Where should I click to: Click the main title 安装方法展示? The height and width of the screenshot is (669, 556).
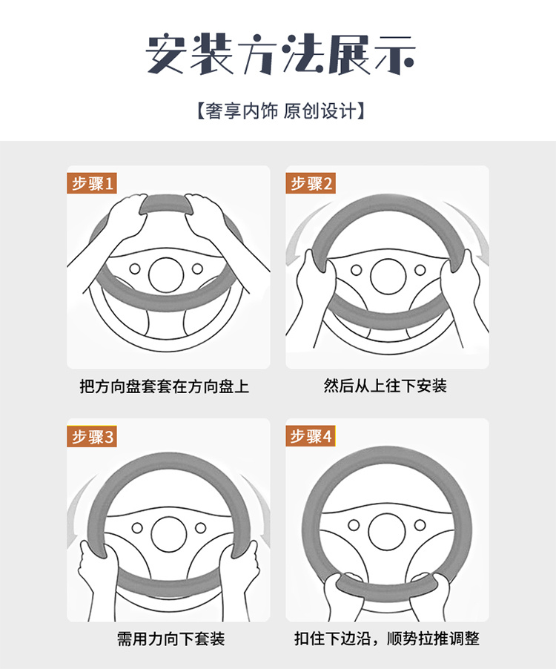[x=280, y=54]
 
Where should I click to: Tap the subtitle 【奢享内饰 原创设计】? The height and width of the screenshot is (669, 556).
[x=280, y=111]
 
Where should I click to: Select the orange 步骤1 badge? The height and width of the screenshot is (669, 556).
[x=92, y=183]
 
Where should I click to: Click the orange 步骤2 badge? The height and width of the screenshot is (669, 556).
[x=311, y=183]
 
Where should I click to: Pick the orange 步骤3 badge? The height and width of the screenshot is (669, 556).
[x=92, y=436]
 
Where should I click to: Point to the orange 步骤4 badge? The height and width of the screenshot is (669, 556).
[x=311, y=436]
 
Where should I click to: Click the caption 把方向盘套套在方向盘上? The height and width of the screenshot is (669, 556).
[x=164, y=386]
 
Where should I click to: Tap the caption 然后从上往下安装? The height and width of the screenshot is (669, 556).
[x=385, y=386]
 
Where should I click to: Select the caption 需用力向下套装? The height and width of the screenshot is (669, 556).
[x=171, y=639]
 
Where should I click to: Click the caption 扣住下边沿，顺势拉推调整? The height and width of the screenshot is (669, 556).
[x=387, y=639]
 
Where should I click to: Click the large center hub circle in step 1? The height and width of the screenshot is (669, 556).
[x=166, y=274]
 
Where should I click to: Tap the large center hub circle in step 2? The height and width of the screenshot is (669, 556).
[x=388, y=277]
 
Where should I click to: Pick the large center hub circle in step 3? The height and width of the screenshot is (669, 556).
[x=169, y=534]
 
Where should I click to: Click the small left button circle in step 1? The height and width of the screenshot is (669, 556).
[x=135, y=268]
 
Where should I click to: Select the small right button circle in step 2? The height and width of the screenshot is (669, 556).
[x=420, y=270]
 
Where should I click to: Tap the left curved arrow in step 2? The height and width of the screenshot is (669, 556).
[x=304, y=234]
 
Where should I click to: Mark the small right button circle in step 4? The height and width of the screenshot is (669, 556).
[x=420, y=525]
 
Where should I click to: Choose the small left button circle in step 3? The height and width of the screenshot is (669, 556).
[x=137, y=528]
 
